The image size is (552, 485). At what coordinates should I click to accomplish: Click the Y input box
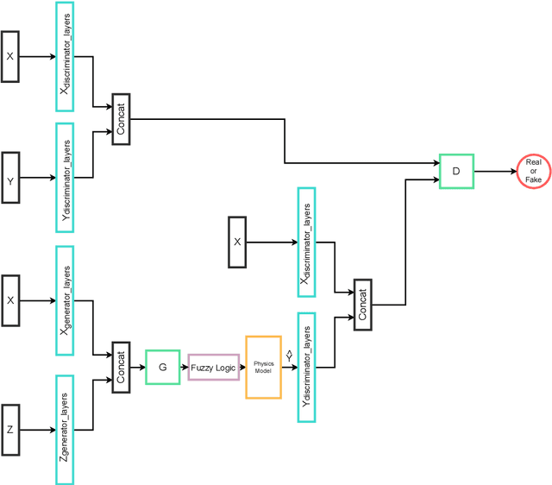[10, 179]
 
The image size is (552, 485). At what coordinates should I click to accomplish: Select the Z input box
[10, 429]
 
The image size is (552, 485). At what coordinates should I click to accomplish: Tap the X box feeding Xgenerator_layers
[10, 300]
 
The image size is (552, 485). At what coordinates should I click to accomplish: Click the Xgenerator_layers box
[65, 300]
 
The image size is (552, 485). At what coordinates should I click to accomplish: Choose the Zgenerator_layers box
[65, 429]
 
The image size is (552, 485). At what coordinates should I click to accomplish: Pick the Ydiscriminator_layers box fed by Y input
[65, 178]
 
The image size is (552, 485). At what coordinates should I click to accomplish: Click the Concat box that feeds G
[120, 367]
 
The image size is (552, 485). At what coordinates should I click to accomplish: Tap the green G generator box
[162, 367]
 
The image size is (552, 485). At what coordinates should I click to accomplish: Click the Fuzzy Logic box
[213, 368]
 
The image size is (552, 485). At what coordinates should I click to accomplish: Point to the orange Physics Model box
[263, 367]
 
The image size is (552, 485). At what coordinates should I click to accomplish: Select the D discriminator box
[456, 171]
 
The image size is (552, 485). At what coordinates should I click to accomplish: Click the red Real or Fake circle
[533, 171]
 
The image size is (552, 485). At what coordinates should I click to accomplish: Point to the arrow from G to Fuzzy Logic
[184, 367]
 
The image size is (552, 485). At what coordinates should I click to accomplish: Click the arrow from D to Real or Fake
[493, 171]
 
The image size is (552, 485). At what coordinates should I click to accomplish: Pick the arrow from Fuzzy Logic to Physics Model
[241, 367]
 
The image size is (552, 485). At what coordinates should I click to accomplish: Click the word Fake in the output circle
[533, 179]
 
